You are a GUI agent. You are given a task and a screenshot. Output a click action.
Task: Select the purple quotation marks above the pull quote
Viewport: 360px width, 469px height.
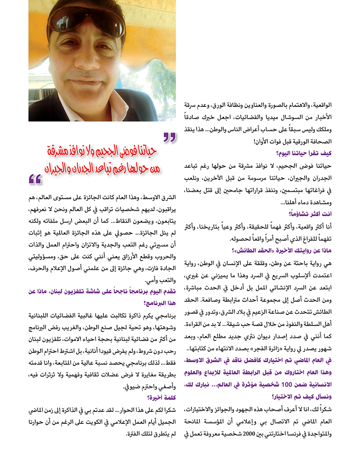(x=169, y=137)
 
